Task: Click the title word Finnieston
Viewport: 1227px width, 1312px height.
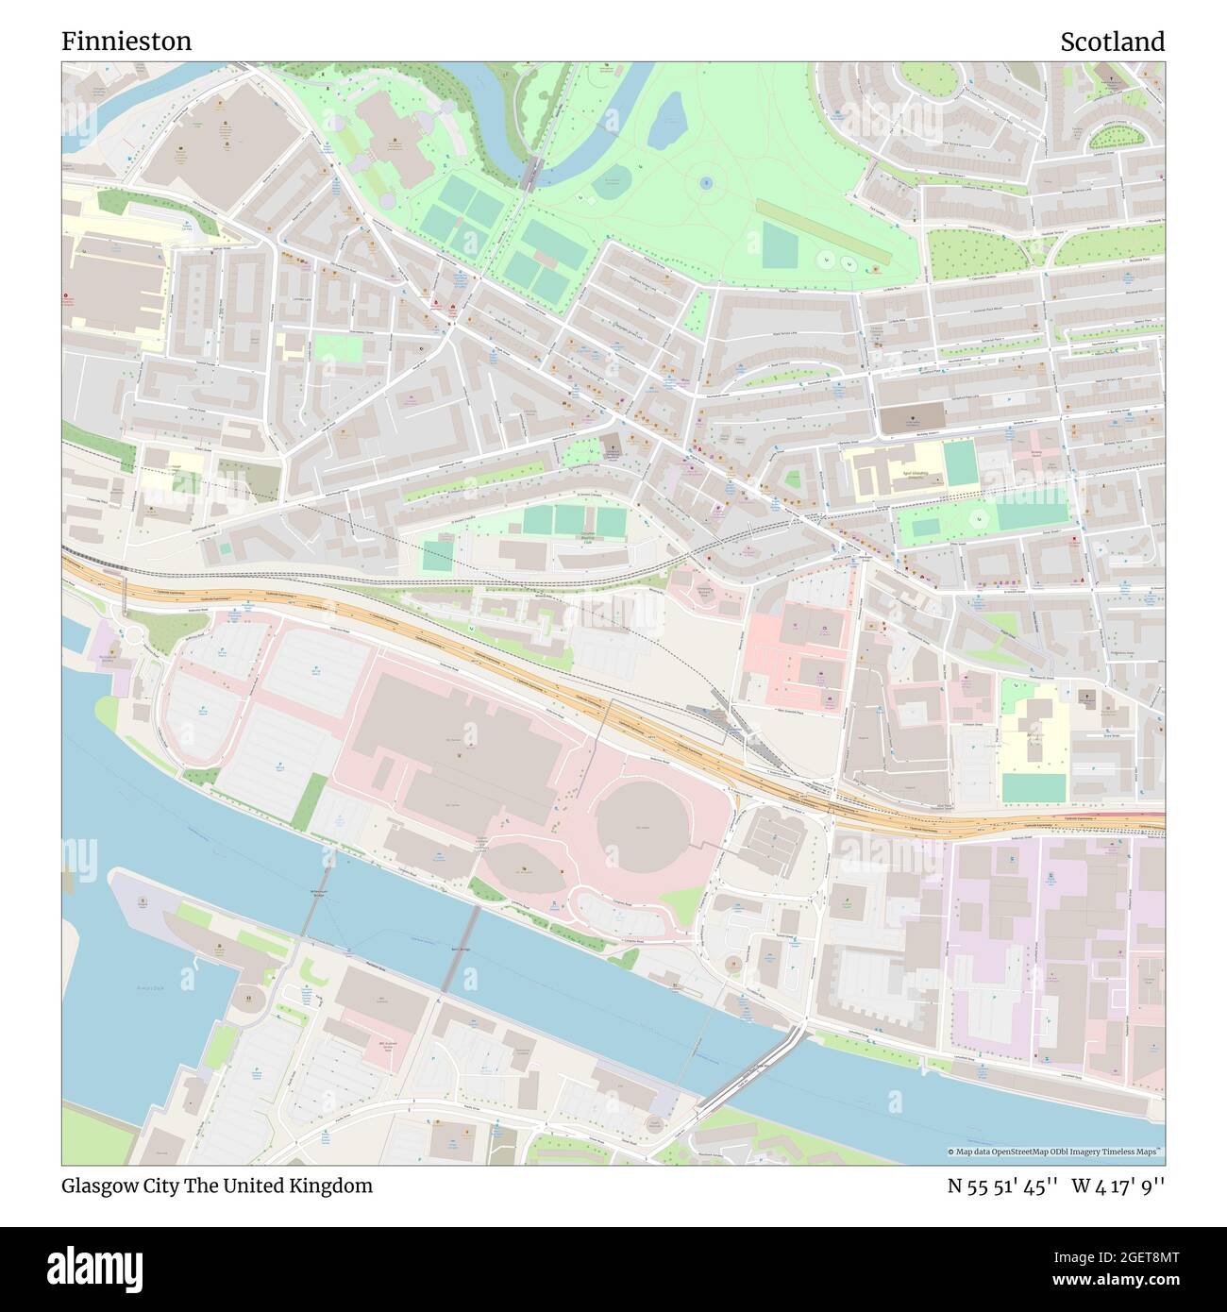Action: [126, 42]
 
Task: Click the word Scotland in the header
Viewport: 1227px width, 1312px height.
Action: [1112, 42]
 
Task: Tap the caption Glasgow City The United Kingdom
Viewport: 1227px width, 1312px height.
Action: [217, 1186]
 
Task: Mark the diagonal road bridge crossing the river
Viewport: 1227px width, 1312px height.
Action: [750, 1071]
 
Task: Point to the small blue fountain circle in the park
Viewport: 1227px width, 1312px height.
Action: [706, 181]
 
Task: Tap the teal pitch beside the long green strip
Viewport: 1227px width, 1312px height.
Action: [780, 245]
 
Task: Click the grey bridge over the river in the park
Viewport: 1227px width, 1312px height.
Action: [530, 173]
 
